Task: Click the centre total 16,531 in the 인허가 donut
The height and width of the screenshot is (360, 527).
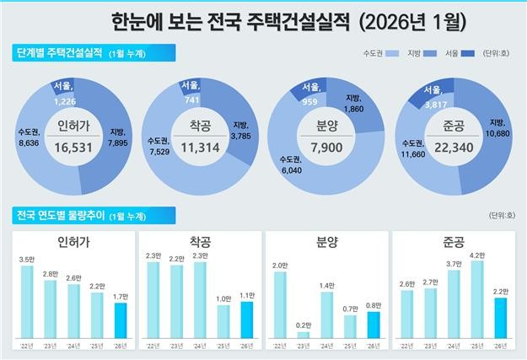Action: pyautogui.click(x=74, y=147)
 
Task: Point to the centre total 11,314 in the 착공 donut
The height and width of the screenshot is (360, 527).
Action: pyautogui.click(x=201, y=147)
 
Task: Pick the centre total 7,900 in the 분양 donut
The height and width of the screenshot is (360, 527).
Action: pyautogui.click(x=326, y=147)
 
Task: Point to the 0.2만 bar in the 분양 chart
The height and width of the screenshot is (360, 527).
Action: pyautogui.click(x=303, y=334)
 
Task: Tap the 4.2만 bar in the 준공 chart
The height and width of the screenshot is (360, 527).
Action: pyautogui.click(x=477, y=298)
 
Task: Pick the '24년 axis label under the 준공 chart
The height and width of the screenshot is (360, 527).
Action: pyautogui.click(x=454, y=345)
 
